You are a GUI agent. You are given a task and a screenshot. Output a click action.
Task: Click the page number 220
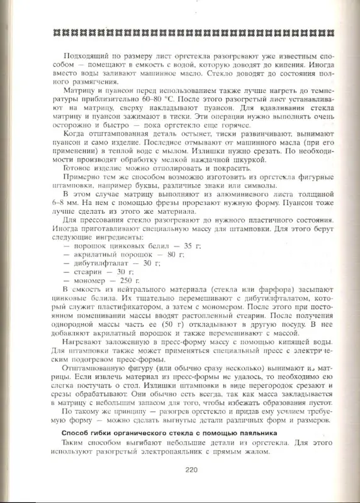pyautogui.click(x=192, y=468)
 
